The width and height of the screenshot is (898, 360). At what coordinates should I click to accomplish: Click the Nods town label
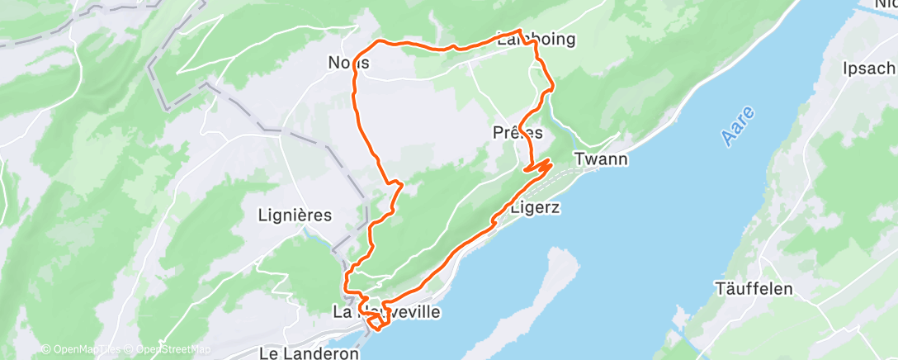[x=347, y=63]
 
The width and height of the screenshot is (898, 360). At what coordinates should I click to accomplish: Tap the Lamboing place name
[x=536, y=39]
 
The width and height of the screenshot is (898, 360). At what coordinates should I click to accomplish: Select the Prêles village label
[x=518, y=132]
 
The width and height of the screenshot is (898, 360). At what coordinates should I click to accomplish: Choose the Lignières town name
[x=295, y=216]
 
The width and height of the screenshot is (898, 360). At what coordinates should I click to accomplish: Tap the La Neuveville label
[x=386, y=312]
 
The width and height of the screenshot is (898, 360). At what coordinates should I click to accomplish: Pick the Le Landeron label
[x=309, y=353]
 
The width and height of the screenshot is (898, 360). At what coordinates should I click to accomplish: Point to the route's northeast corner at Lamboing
[x=520, y=32]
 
